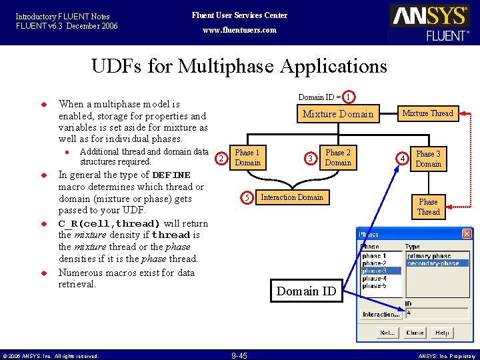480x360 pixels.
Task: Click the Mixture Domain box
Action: click(x=338, y=114)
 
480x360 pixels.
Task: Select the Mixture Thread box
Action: click(x=427, y=113)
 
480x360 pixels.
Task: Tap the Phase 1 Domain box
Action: click(x=248, y=157)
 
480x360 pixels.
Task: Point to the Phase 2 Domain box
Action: click(x=338, y=157)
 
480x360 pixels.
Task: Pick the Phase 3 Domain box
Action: click(x=428, y=159)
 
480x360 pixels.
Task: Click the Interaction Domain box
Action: click(x=292, y=197)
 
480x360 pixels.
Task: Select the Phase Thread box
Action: click(x=428, y=207)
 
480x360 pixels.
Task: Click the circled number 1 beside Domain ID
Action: click(x=349, y=97)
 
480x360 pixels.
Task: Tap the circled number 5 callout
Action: click(x=247, y=197)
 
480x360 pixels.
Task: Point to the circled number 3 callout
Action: click(x=310, y=158)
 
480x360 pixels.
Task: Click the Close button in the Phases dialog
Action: click(x=415, y=333)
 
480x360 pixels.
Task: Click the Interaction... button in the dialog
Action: click(x=381, y=315)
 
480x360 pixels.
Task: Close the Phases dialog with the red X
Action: click(x=467, y=234)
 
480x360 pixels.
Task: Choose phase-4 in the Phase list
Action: click(x=374, y=278)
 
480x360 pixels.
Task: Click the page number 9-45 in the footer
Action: click(x=239, y=355)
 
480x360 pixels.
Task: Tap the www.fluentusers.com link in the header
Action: click(x=239, y=30)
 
